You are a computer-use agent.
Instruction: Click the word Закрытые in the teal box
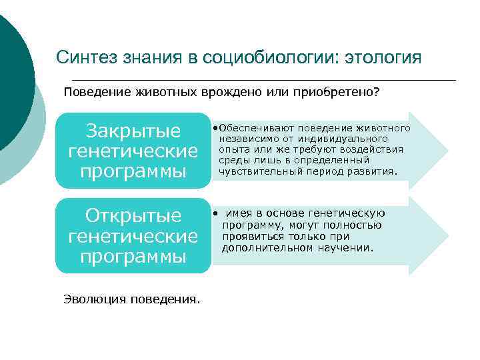coord(133,130)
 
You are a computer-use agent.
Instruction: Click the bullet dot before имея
coord(215,213)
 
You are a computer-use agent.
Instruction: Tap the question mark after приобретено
coord(377,91)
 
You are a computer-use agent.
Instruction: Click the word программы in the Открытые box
coord(133,257)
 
